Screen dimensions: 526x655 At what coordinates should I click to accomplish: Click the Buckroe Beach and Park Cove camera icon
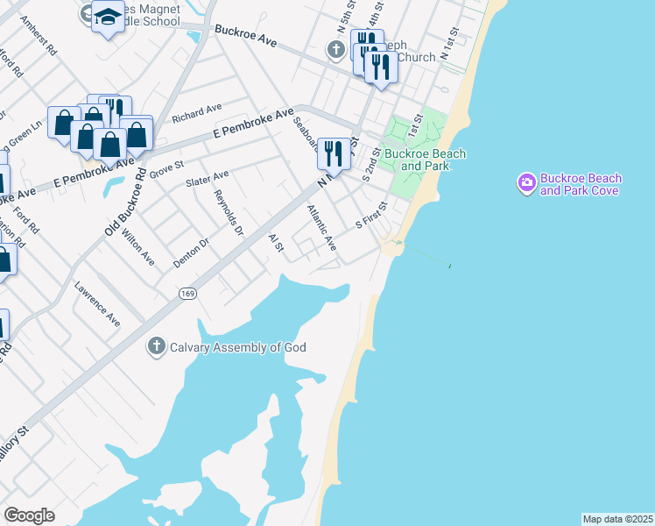coord(527,183)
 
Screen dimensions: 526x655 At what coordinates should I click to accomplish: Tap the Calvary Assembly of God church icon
coord(157,346)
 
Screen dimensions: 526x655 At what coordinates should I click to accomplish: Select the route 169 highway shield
coord(187,292)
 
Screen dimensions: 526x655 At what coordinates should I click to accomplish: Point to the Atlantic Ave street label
coord(321,228)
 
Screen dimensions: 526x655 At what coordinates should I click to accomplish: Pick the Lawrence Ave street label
coord(97,303)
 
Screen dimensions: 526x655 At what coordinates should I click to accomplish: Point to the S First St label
coord(371,215)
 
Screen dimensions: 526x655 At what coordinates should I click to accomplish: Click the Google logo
coord(29,515)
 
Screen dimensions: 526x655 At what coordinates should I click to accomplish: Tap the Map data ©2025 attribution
coord(617,519)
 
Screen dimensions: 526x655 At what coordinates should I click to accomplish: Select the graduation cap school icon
coord(108,16)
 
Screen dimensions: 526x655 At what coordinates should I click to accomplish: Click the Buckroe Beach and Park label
coord(426,160)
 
